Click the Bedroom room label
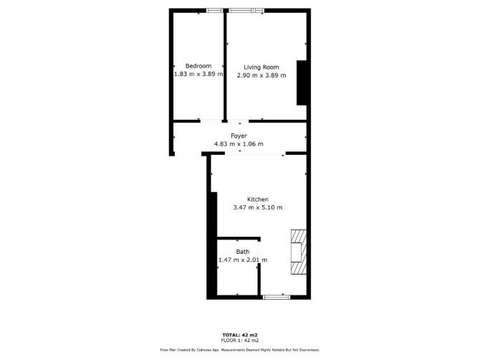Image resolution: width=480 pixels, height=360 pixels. (198, 66)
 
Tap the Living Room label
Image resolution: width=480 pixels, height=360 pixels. (261, 67)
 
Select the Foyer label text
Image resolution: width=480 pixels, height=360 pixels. (239, 136)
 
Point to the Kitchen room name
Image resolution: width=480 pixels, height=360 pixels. (258, 199)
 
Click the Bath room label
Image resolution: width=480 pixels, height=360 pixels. (242, 252)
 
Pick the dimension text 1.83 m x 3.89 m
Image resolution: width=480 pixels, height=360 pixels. (198, 74)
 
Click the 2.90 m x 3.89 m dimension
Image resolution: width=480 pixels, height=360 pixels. (261, 75)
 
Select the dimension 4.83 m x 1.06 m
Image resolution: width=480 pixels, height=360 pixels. (239, 143)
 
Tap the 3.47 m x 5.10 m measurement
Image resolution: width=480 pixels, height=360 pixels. (258, 207)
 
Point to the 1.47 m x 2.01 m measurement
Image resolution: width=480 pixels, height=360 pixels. (242, 260)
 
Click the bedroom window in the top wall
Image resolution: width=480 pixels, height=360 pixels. (215, 11)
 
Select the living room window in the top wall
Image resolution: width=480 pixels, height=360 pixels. (246, 11)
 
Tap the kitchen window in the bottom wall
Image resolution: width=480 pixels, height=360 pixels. (277, 297)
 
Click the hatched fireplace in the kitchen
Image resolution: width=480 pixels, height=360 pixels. (299, 252)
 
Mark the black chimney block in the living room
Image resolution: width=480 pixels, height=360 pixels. (302, 82)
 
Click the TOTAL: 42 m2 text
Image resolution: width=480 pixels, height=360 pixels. (240, 335)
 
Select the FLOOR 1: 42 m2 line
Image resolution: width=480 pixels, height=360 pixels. (240, 340)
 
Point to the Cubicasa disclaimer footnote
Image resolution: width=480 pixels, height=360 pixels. (240, 349)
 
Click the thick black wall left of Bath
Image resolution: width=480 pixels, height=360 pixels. (212, 245)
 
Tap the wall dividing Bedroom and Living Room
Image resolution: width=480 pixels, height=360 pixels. (225, 66)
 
